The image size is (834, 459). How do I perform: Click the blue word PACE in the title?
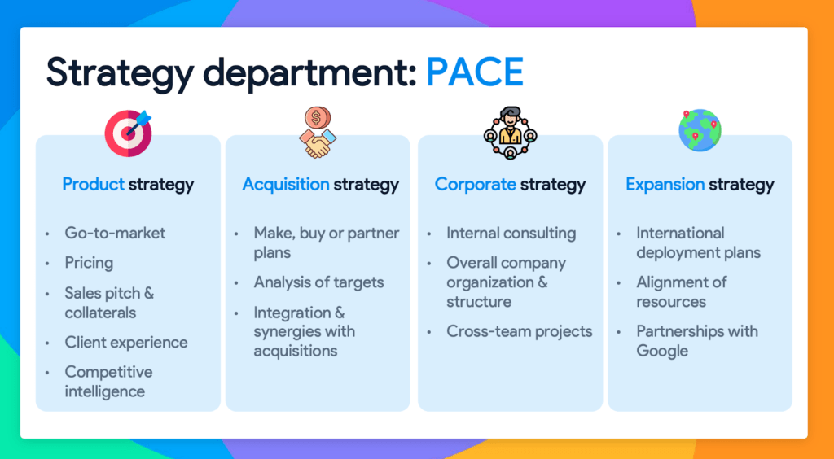click(475, 72)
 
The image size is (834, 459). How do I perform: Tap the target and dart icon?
click(128, 133)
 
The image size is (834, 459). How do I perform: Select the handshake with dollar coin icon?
click(317, 133)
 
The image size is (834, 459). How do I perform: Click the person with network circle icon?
click(510, 133)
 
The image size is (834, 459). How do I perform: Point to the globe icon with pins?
click(700, 129)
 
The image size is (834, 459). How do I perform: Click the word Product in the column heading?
click(93, 185)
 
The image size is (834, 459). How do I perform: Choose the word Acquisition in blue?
click(286, 185)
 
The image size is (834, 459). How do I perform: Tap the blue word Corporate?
click(475, 185)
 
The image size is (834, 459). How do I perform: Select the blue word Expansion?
click(665, 185)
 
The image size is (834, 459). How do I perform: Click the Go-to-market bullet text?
click(115, 234)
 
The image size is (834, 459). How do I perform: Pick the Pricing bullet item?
click(89, 263)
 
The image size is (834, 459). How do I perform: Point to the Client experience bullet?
click(126, 342)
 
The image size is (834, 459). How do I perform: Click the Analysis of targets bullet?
click(318, 282)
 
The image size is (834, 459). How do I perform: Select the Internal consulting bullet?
click(511, 234)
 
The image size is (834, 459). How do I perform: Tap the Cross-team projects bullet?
click(519, 331)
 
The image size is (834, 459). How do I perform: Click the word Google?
click(662, 351)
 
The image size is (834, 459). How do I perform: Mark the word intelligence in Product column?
click(105, 391)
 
